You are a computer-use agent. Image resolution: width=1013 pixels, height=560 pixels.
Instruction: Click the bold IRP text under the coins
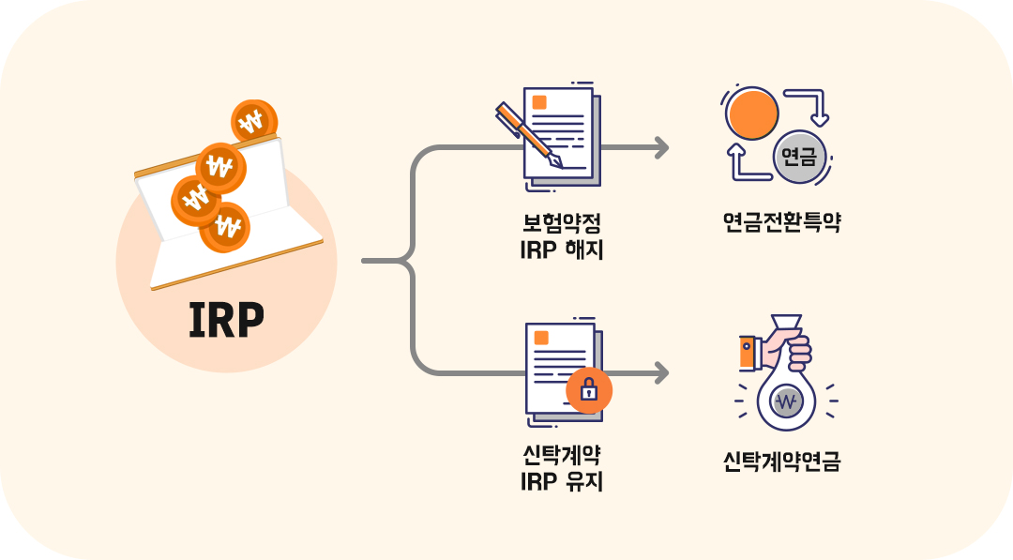point(226,321)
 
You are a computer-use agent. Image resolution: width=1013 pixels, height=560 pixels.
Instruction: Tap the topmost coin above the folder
point(253,120)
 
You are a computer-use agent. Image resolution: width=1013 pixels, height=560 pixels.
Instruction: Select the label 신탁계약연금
point(781,462)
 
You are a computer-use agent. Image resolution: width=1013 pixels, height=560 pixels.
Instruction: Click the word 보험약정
point(561,224)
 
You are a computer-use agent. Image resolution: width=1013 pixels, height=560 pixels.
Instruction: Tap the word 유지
point(582,482)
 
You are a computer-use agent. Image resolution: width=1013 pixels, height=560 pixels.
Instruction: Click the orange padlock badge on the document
point(589,391)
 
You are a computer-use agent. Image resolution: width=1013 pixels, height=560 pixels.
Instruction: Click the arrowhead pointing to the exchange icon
point(662,147)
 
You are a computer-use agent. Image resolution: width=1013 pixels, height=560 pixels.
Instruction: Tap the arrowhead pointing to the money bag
point(662,373)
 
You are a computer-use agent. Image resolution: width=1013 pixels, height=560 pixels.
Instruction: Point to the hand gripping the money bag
point(786,350)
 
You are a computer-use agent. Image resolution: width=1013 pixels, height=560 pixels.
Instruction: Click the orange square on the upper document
point(539,103)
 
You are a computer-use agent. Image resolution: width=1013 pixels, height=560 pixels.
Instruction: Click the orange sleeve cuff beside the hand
point(747,353)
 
